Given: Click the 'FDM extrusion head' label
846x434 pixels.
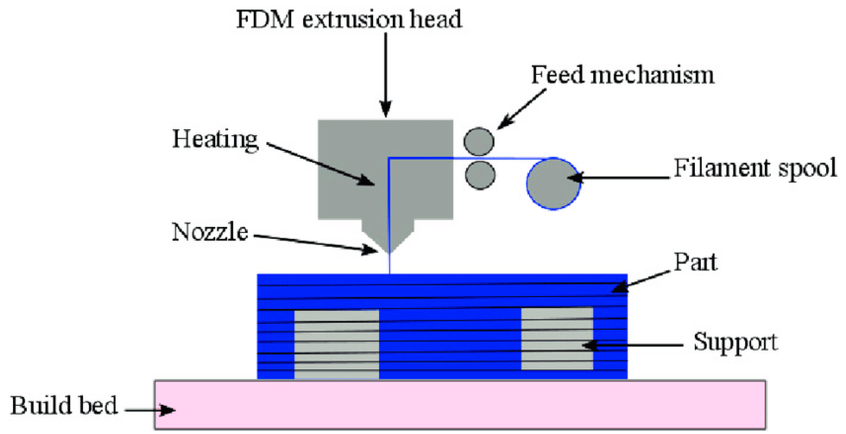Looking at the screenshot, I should pos(349,19).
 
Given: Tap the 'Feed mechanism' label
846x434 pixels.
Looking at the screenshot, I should pos(623,75).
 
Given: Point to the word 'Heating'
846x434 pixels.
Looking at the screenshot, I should pos(215,140).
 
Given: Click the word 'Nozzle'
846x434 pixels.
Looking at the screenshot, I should pos(210,232).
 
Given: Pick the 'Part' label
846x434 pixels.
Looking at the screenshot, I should pos(695,262).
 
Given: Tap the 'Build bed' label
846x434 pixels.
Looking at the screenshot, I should pos(64,406).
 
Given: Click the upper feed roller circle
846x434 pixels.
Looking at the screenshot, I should pos(479,141).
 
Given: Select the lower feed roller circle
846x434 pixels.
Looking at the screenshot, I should pos(480,175).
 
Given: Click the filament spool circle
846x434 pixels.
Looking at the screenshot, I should pos(553,184).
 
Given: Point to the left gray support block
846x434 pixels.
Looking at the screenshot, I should pos(336,344).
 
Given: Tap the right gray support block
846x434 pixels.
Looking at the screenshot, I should pos(557,338).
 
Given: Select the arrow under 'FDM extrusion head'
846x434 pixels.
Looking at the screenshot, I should pos(386,74).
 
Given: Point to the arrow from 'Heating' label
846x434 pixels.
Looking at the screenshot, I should pos(320,163).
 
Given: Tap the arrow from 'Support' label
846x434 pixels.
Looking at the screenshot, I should pos(632,345).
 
